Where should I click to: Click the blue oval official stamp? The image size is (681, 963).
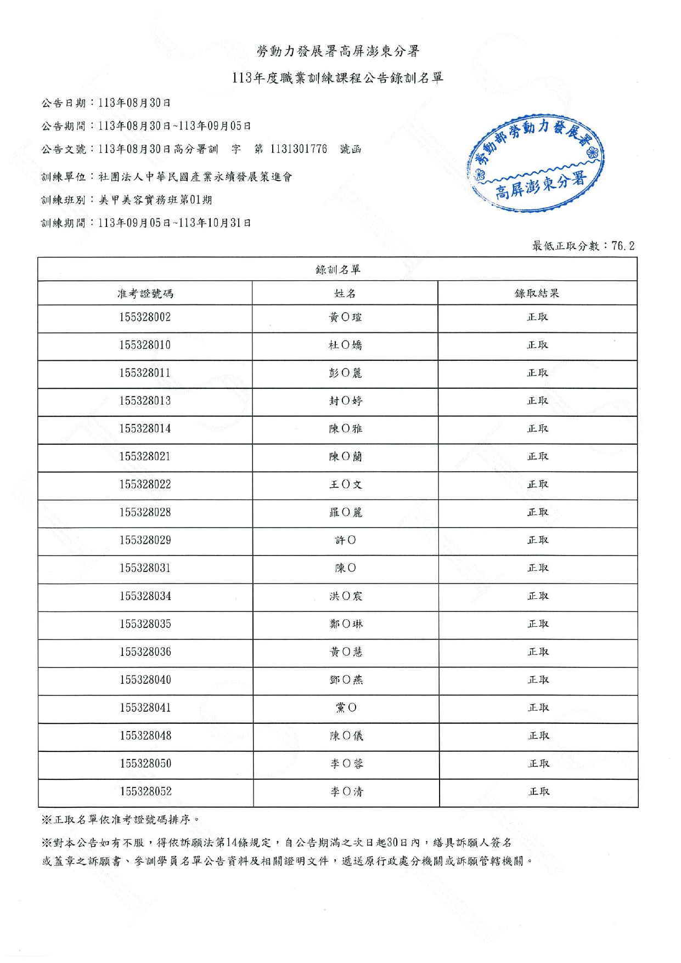coord(536,163)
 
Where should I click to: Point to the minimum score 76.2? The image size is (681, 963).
coord(623,246)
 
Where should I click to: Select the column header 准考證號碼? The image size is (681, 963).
coord(145,293)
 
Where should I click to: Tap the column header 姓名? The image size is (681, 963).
coord(345,293)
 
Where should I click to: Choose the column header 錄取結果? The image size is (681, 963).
coord(537,293)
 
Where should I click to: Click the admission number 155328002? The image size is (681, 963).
coord(145,318)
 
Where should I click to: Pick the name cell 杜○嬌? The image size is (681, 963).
coord(345,345)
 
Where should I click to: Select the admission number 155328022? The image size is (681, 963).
coord(145,485)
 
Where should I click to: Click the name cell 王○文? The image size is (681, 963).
coord(345,485)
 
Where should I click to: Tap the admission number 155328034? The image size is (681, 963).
coord(145,596)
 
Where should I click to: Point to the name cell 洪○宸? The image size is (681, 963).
coord(346,596)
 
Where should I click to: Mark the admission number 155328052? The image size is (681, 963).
coord(146,791)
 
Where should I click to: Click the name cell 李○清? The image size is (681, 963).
coord(347,791)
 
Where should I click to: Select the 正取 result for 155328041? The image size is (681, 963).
coord(538,708)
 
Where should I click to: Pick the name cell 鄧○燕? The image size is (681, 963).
coord(346,680)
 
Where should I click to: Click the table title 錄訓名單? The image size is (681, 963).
coord(337,269)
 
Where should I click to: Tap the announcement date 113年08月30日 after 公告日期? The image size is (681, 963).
coord(134,103)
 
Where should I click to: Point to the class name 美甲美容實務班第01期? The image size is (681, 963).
coord(155,200)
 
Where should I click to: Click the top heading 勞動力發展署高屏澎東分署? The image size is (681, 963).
coord(338,52)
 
